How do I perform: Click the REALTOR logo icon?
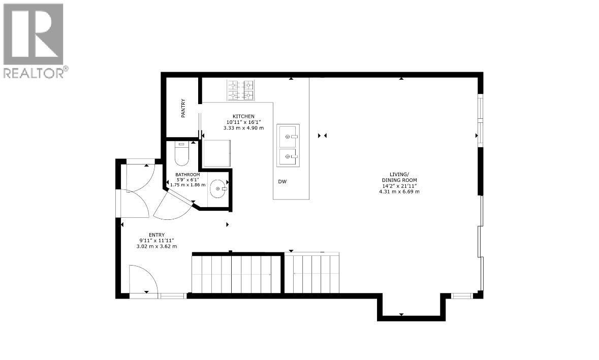tap(33, 34)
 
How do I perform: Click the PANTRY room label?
tap(183, 108)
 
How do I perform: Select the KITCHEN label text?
tap(243, 116)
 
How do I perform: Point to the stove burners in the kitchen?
tap(241, 90)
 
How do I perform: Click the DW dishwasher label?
tap(282, 182)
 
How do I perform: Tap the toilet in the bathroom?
tap(181, 154)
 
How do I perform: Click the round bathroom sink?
tap(218, 188)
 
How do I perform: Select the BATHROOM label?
tap(187, 175)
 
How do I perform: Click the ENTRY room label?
tap(156, 235)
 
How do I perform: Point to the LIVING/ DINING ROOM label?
tap(399, 177)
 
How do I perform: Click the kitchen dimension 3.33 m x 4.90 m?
tap(243, 128)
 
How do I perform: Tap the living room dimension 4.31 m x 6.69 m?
tap(399, 191)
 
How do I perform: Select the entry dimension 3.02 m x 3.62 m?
tap(156, 246)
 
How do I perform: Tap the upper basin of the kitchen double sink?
tap(288, 136)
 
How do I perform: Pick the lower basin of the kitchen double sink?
tap(288, 156)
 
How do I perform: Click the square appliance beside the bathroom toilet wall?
tap(217, 153)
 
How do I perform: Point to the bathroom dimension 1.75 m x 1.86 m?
tap(187, 185)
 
